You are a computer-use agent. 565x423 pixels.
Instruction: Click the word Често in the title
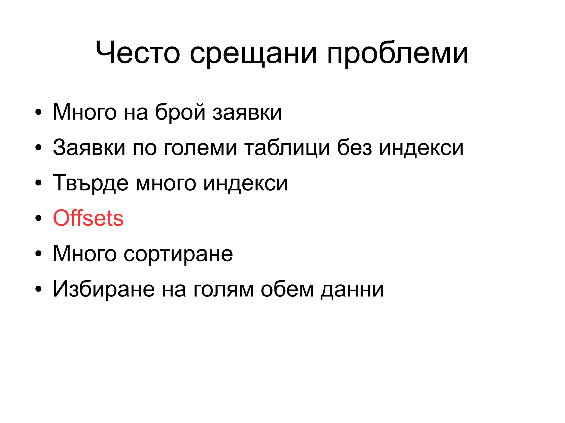[138, 52]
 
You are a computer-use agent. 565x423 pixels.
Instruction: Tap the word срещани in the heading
[253, 54]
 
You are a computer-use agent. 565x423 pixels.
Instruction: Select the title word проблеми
[398, 54]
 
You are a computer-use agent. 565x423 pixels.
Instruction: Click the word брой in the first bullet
[180, 112]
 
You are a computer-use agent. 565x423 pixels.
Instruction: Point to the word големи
[200, 148]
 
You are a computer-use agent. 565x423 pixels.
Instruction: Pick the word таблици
[287, 148]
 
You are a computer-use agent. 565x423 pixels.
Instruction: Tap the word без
[355, 148]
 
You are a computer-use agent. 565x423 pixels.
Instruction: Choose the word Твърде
[90, 183]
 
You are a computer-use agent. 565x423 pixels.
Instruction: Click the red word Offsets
[88, 218]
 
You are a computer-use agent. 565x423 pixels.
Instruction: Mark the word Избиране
[104, 289]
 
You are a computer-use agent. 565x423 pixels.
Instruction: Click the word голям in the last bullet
[223, 290]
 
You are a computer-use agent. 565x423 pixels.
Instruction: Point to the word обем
[287, 289]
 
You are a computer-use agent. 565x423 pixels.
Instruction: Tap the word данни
[352, 290]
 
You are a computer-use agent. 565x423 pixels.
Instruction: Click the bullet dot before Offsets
[38, 218]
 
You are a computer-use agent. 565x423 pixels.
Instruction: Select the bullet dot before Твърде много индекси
[38, 183]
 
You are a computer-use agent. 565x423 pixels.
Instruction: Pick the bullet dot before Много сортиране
[38, 254]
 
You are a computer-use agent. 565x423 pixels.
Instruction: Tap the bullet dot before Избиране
[38, 289]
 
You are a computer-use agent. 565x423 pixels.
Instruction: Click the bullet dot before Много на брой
[38, 112]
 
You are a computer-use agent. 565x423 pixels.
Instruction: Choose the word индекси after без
[421, 148]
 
